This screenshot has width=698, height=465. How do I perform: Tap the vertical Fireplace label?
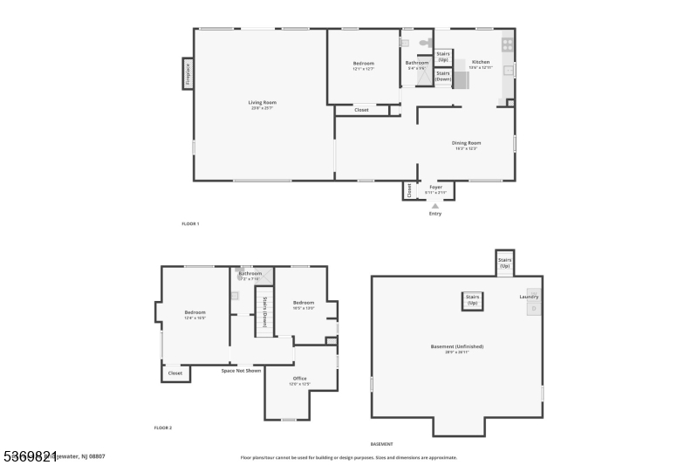pyautogui.click(x=187, y=73)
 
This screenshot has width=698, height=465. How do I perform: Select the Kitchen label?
pyautogui.click(x=481, y=63)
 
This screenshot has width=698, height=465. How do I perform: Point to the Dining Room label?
pyautogui.click(x=466, y=144)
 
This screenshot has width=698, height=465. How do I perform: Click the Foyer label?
pyautogui.click(x=435, y=188)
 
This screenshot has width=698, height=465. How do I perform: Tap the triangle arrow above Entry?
pyautogui.click(x=435, y=206)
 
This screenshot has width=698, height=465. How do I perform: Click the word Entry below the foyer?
pyautogui.click(x=435, y=214)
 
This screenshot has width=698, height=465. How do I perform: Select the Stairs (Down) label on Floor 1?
pyautogui.click(x=443, y=76)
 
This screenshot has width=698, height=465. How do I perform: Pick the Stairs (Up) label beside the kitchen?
pyautogui.click(x=443, y=57)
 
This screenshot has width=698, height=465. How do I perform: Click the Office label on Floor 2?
pyautogui.click(x=299, y=379)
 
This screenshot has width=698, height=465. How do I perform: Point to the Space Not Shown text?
pyautogui.click(x=241, y=371)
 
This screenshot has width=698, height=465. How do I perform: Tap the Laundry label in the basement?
pyautogui.click(x=529, y=297)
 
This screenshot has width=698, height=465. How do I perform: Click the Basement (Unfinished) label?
pyautogui.click(x=457, y=346)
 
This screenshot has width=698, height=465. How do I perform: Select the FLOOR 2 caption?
pyautogui.click(x=163, y=427)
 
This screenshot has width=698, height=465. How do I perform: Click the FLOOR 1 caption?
pyautogui.click(x=190, y=224)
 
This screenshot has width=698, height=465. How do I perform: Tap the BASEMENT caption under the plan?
pyautogui.click(x=381, y=444)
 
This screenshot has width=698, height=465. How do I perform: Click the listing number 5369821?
pyautogui.click(x=30, y=455)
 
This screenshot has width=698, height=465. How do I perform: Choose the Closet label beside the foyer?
pyautogui.click(x=408, y=190)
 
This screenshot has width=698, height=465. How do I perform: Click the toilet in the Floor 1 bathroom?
pyautogui.click(x=425, y=42)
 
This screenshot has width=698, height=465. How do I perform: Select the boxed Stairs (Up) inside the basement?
pyautogui.click(x=473, y=300)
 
